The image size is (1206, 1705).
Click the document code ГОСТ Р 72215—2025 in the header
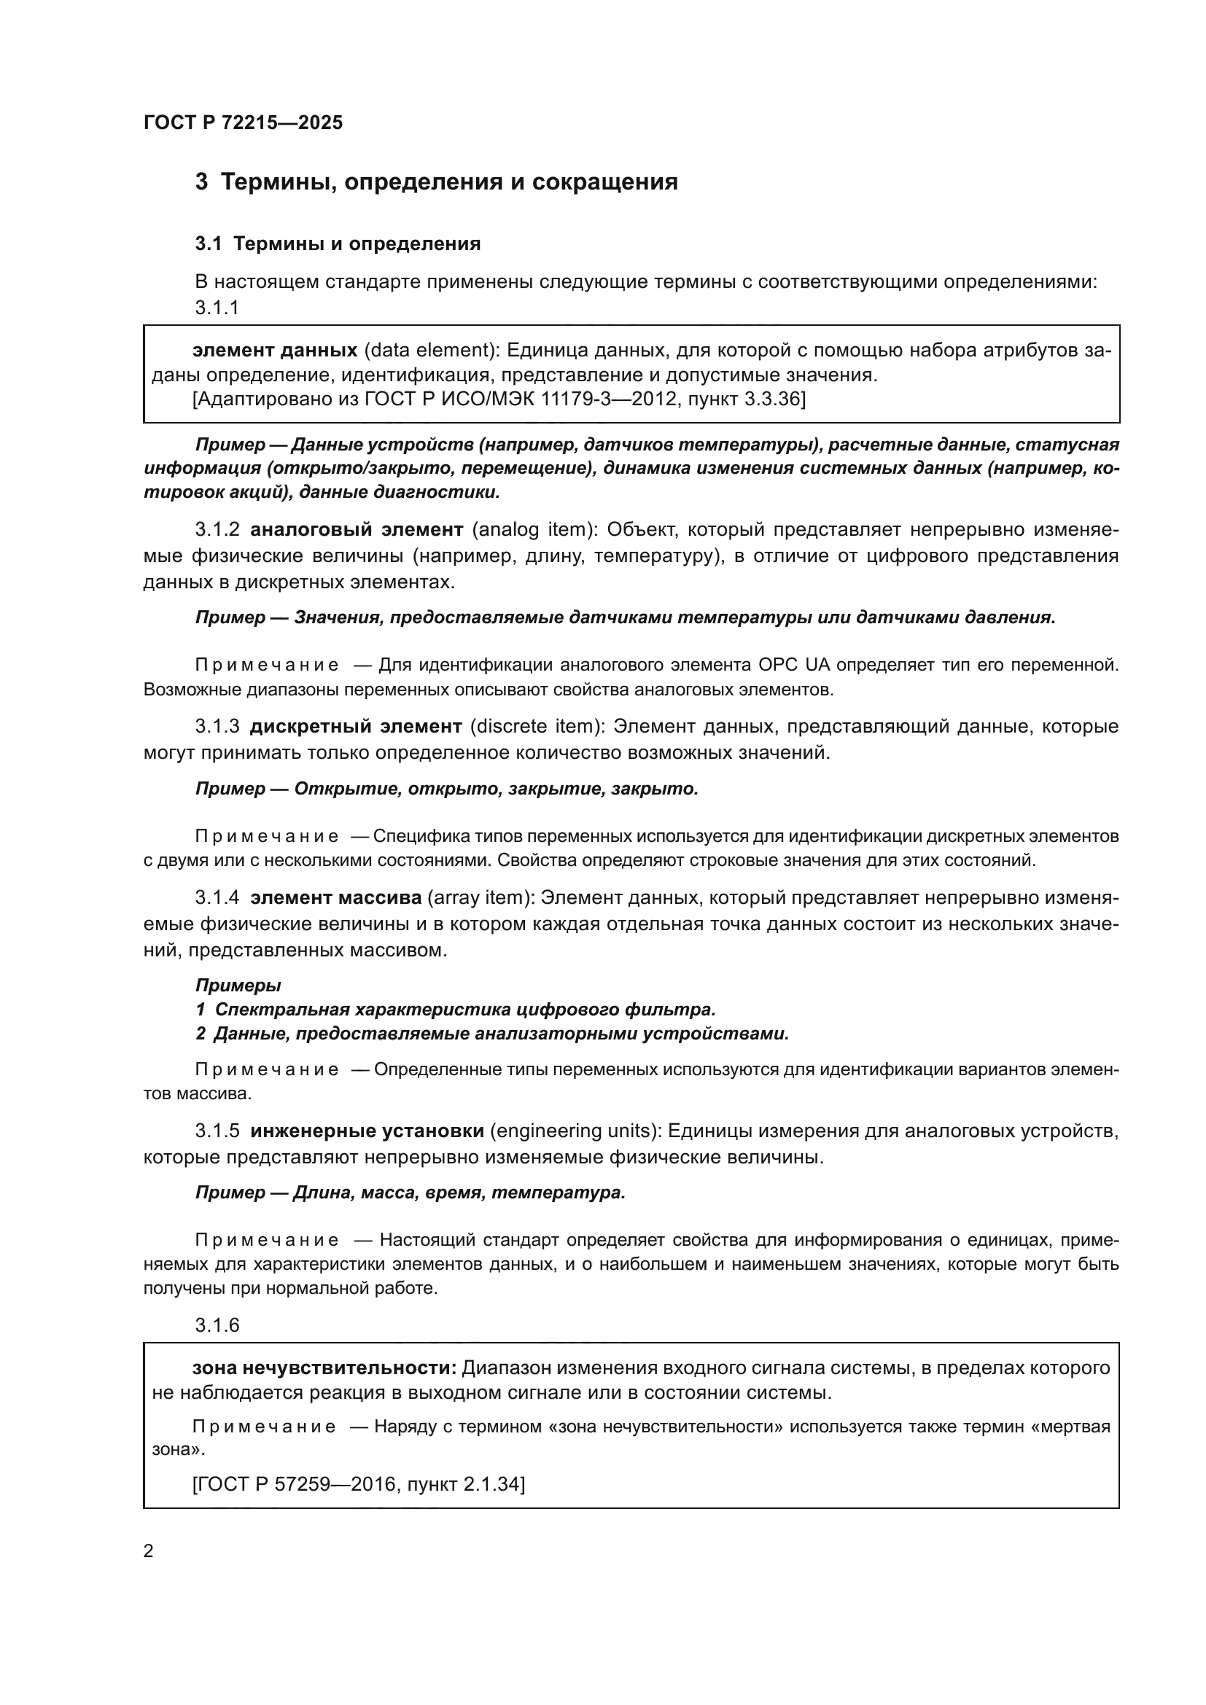click(x=243, y=122)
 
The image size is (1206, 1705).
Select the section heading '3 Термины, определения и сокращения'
click(x=436, y=182)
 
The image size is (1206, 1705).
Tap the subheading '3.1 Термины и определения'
click(x=338, y=243)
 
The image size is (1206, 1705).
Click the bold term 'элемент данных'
click(x=275, y=351)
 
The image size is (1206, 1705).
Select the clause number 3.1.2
click(x=217, y=529)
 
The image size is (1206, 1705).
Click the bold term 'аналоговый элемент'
click(x=357, y=529)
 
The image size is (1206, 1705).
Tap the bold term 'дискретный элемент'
click(x=356, y=726)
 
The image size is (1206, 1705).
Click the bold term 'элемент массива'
click(x=335, y=898)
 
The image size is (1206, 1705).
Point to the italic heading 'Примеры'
click(x=238, y=986)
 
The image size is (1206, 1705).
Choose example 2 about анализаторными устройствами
click(x=491, y=1034)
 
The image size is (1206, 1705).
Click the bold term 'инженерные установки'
click(x=367, y=1131)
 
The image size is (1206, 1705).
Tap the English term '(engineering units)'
click(x=575, y=1131)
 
